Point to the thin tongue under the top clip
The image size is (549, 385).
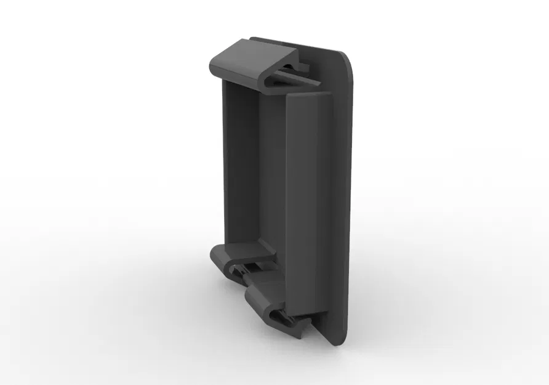pos(302,77)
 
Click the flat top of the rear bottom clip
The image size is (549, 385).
pos(243,250)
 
